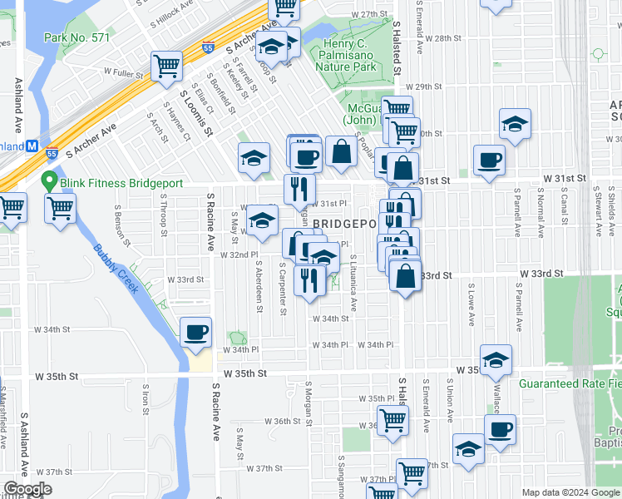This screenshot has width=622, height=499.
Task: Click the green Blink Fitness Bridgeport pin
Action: tap(49, 180)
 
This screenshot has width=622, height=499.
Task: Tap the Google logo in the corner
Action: tap(27, 489)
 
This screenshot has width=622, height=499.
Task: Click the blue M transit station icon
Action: tap(32, 146)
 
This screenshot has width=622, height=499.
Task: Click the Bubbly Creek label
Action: tap(116, 268)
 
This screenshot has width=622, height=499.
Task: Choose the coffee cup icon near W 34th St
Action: tap(196, 333)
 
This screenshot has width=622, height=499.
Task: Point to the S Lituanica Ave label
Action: tap(353, 283)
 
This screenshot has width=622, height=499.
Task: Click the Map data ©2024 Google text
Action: tap(569, 492)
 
